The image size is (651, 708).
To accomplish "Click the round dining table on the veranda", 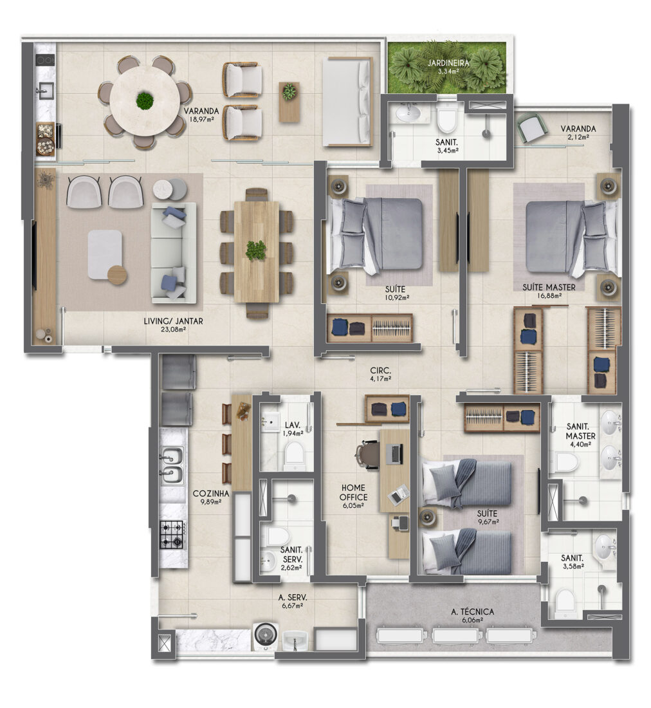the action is pyautogui.click(x=144, y=101).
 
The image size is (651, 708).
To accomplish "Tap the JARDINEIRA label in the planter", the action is pyautogui.click(x=448, y=63).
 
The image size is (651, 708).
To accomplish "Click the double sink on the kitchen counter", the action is pyautogui.click(x=172, y=465).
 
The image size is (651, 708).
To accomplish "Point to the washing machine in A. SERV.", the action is pyautogui.click(x=265, y=635).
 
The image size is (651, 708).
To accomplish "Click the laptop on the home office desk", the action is pyautogui.click(x=396, y=454).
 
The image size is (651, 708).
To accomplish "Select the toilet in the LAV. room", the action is pyautogui.click(x=294, y=453).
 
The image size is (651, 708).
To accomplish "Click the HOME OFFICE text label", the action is pyautogui.click(x=353, y=492).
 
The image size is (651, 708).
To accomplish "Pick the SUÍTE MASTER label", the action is pyautogui.click(x=549, y=287).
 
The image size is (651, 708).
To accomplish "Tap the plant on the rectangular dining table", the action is pyautogui.click(x=256, y=250).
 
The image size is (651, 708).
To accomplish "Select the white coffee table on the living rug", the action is pyautogui.click(x=105, y=254).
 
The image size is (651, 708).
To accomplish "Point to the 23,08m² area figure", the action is pyautogui.click(x=173, y=330).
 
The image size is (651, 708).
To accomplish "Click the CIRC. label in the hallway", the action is pyautogui.click(x=381, y=371).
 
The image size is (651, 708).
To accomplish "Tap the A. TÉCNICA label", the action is pyautogui.click(x=472, y=612).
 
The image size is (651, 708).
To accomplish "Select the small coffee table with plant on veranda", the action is pyautogui.click(x=289, y=102).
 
